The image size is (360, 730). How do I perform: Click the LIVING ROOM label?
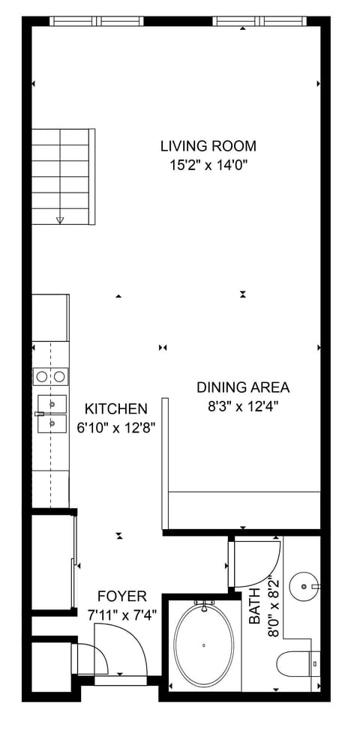point(208,146)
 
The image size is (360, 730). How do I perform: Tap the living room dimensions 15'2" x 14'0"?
point(208,165)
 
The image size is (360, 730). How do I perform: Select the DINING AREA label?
point(243,387)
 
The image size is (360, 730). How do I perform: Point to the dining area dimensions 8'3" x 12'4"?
point(243,407)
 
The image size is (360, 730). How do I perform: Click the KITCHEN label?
point(115,408)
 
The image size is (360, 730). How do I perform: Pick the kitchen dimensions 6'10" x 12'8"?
point(115,429)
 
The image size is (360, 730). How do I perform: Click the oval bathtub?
point(203,645)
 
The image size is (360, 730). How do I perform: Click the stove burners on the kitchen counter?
point(51,376)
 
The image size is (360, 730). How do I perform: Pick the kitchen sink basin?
point(52,414)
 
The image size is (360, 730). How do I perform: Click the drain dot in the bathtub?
point(203,645)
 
